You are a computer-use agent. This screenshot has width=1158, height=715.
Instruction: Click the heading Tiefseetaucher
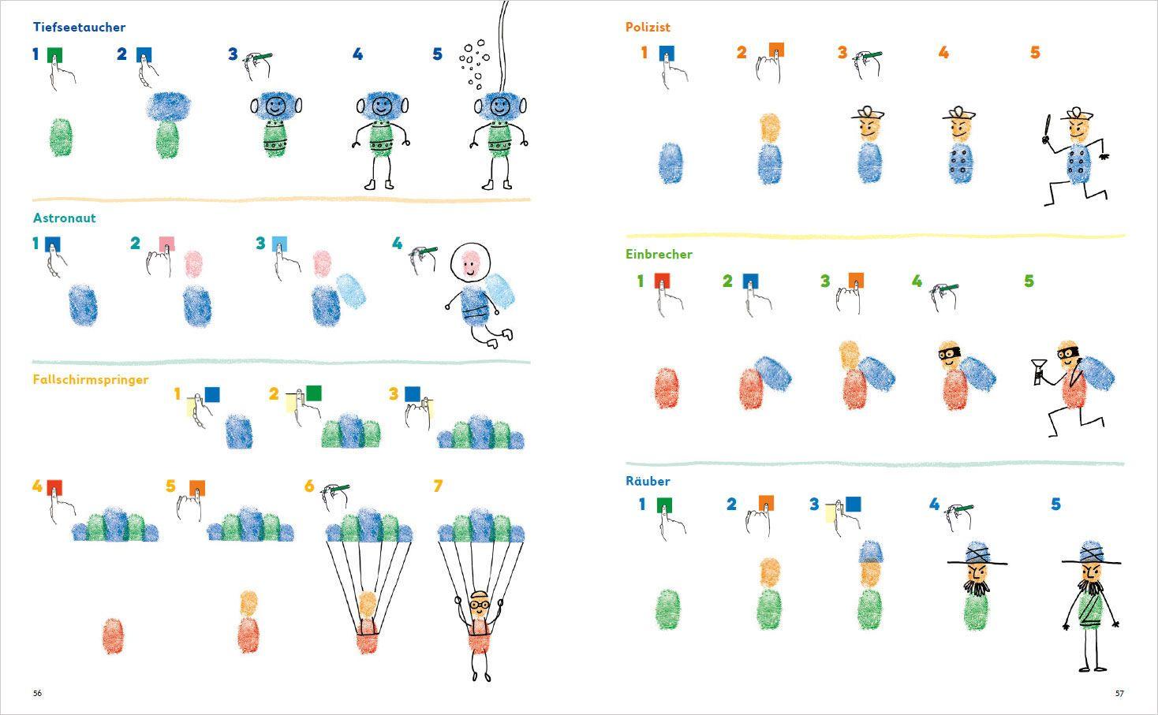pyautogui.click(x=79, y=27)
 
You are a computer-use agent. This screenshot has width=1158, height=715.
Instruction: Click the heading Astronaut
pyautogui.click(x=64, y=218)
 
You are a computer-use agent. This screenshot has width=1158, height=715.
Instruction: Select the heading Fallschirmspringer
pyautogui.click(x=91, y=379)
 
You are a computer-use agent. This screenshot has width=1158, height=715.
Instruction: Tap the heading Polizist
pyautogui.click(x=648, y=27)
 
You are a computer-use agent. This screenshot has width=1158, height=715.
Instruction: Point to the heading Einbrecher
pyautogui.click(x=659, y=254)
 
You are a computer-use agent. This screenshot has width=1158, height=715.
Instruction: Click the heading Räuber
pyautogui.click(x=648, y=481)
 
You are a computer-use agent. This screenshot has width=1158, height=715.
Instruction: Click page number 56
pyautogui.click(x=37, y=694)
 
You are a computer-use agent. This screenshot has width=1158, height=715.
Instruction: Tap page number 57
pyautogui.click(x=1119, y=694)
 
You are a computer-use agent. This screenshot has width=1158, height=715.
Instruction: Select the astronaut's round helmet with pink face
pyautogui.click(x=470, y=264)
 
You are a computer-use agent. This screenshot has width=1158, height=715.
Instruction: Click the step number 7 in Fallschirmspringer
pyautogui.click(x=439, y=486)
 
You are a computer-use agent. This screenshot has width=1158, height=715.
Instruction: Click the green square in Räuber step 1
pyautogui.click(x=664, y=505)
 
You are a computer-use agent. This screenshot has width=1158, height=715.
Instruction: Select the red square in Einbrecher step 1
pyautogui.click(x=662, y=281)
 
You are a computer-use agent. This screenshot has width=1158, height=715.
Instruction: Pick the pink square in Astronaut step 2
pyautogui.click(x=166, y=244)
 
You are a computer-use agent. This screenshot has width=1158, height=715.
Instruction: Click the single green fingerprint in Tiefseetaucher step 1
pyautogui.click(x=60, y=138)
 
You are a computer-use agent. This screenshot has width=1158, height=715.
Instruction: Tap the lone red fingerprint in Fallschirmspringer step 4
pyautogui.click(x=113, y=635)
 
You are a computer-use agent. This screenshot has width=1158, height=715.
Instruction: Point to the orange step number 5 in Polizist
pyautogui.click(x=1035, y=53)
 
